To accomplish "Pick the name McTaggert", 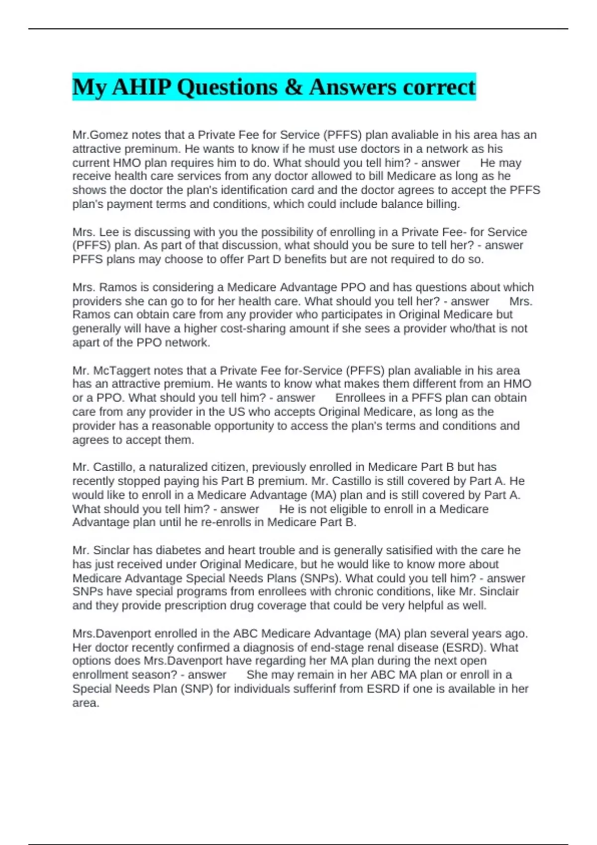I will point(121,371).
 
